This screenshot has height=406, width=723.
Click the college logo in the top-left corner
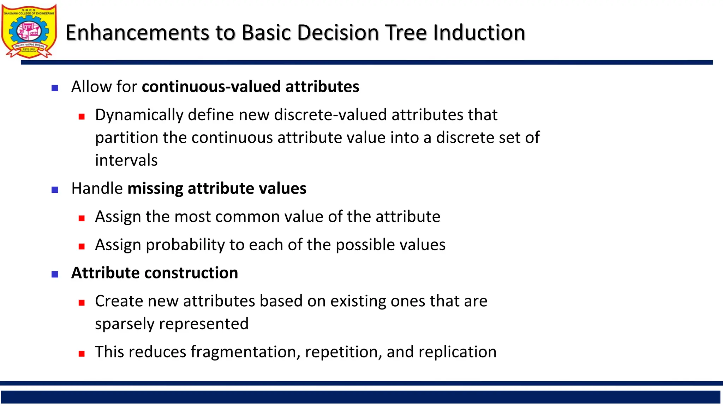point(29,31)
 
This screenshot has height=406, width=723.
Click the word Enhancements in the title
point(138,32)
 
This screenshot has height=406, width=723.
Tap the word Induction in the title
point(479,32)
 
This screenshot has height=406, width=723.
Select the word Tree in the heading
point(406,32)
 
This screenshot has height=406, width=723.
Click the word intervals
point(126,160)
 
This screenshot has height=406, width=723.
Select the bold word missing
point(155,189)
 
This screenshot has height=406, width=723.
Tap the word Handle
point(97,189)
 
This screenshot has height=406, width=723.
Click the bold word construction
point(191,273)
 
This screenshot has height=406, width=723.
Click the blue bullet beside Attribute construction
point(55,274)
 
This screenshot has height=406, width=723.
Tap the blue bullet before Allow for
point(55,88)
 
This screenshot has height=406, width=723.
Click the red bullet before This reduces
point(82,353)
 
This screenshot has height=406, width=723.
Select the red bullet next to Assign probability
point(82,246)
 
